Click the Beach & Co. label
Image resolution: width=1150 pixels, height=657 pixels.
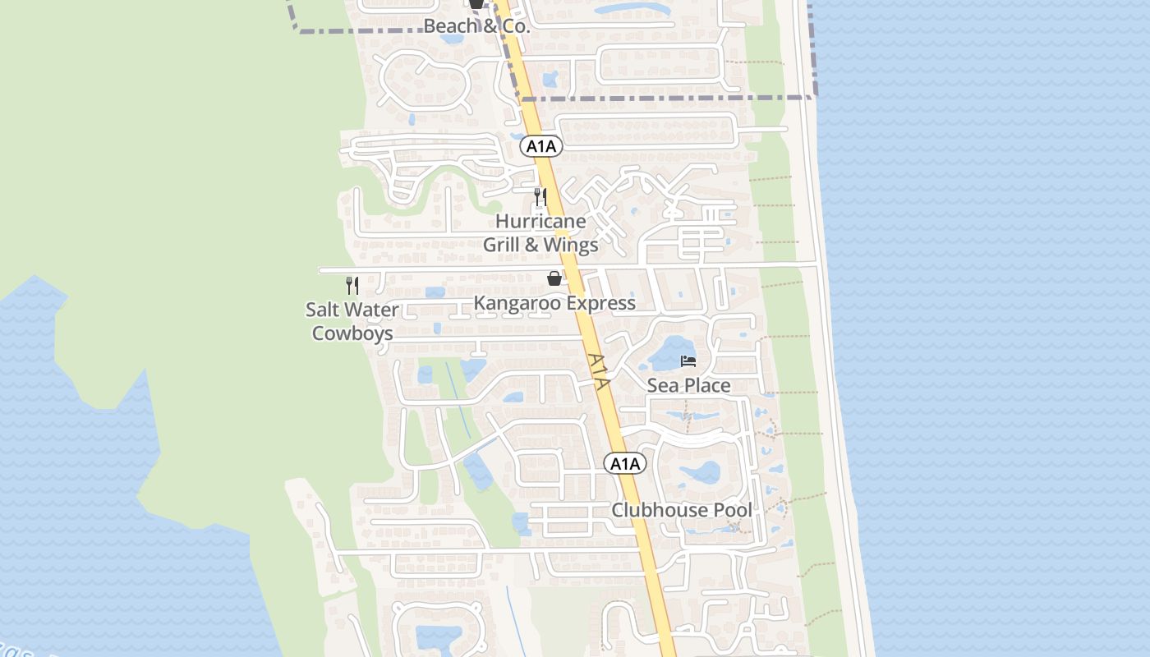pyautogui.click(x=476, y=26)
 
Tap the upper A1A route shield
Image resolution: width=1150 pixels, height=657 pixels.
pyautogui.click(x=540, y=147)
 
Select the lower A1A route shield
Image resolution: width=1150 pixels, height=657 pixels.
pyautogui.click(x=625, y=464)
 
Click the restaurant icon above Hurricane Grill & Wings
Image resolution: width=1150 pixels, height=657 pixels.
pyautogui.click(x=540, y=197)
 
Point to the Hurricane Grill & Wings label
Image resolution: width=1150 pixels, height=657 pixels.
pyautogui.click(x=540, y=233)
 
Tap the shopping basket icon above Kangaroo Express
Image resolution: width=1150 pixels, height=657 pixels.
pyautogui.click(x=555, y=279)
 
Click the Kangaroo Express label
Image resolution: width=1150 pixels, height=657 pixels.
pyautogui.click(x=554, y=303)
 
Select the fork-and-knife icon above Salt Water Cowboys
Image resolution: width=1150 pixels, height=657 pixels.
pyautogui.click(x=352, y=286)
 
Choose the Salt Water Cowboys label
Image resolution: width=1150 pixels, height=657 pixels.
pyautogui.click(x=352, y=322)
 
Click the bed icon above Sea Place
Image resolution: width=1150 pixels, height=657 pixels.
pyautogui.click(x=688, y=361)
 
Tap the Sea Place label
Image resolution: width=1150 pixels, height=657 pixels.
pyautogui.click(x=688, y=385)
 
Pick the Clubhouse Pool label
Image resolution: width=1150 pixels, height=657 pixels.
pyautogui.click(x=681, y=510)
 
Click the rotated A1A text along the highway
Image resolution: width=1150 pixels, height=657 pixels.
pyautogui.click(x=600, y=372)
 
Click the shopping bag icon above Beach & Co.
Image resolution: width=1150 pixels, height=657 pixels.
pyautogui.click(x=476, y=4)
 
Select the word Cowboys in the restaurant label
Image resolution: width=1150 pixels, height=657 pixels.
pyautogui.click(x=352, y=333)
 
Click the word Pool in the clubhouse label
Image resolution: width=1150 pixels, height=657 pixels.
pyautogui.click(x=732, y=510)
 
